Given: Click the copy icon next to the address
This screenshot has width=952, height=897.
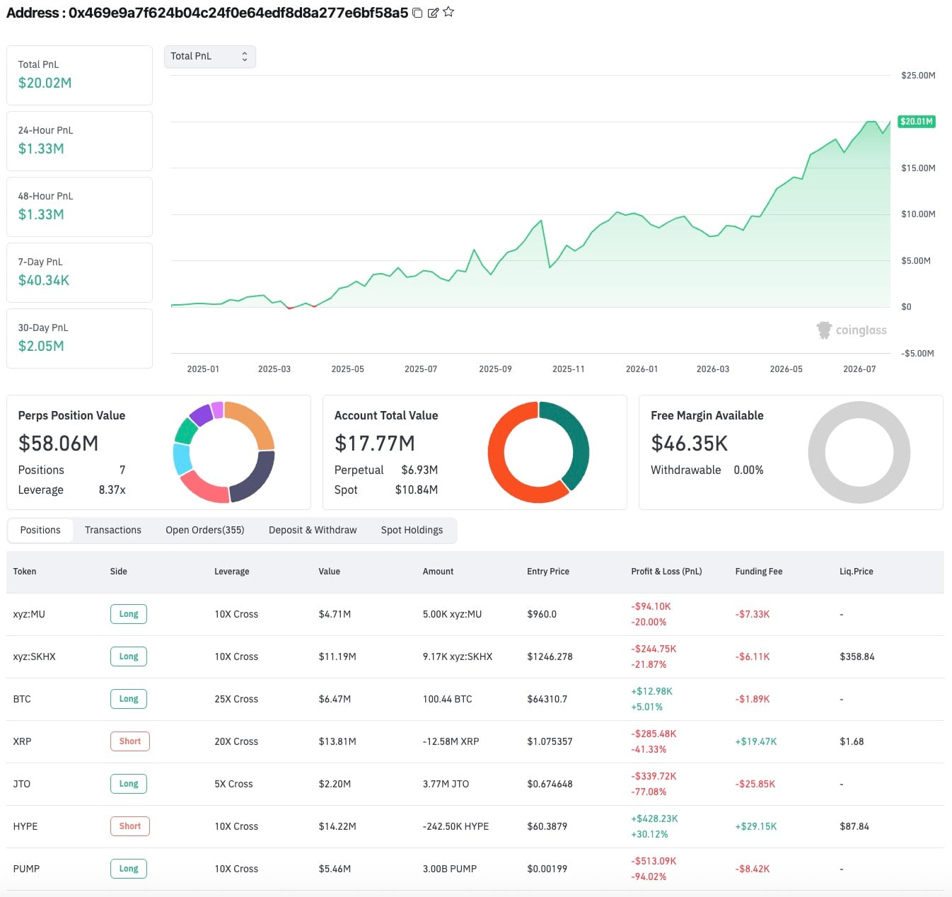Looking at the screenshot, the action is [417, 13].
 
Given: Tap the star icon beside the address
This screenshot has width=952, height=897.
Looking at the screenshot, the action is [448, 12].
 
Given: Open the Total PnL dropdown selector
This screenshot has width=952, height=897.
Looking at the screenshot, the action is [209, 56].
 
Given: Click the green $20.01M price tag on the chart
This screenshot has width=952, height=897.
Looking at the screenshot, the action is [916, 122].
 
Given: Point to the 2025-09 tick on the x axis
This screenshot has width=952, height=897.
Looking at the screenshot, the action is [495, 369].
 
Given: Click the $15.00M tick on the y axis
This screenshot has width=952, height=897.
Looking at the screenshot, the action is [918, 168].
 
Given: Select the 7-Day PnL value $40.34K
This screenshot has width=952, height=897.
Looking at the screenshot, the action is [44, 280].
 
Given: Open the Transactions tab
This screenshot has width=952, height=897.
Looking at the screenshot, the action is [113, 530].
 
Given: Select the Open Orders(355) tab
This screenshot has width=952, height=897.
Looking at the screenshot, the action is [204, 530].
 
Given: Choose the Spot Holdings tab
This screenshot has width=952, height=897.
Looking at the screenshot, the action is [412, 530].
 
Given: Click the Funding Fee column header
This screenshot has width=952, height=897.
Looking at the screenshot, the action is [758, 572].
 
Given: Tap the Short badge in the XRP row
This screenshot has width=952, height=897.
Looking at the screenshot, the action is [130, 741].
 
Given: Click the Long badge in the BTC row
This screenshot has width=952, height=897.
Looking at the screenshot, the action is [129, 699].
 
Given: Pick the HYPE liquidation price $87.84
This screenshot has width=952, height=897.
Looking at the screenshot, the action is [854, 826].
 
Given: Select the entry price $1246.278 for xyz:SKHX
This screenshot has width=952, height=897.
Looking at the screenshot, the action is [550, 656].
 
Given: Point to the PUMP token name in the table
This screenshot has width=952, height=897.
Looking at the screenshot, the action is [26, 869].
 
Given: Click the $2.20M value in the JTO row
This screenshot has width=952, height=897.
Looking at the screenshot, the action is [335, 784].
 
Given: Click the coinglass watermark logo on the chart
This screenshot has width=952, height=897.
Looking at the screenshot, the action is [852, 330].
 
